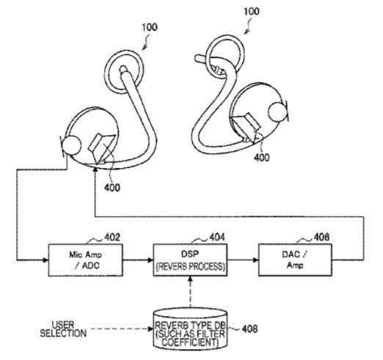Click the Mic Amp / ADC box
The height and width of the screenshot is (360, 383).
pos(86,260)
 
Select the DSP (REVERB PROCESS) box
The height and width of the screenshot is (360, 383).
pos(190,260)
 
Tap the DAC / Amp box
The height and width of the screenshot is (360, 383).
pos(295,260)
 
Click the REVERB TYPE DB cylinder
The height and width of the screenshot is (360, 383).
pos(190,330)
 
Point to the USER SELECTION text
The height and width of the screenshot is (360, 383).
pos(63,329)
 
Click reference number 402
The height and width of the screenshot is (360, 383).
pos(112,238)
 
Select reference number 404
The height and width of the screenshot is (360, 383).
pos(217,238)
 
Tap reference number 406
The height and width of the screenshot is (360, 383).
pos(321,237)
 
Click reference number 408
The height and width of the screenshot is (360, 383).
pos(249,329)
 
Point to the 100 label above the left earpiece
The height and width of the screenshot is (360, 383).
pos(150,27)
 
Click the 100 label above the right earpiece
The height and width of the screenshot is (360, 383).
pos(252,12)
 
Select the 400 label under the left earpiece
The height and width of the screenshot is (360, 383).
pos(112,188)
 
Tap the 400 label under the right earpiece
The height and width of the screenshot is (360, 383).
pos(261,158)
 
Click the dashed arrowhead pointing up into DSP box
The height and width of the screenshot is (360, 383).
pos(190,279)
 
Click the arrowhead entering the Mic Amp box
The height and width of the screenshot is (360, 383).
pos(45,260)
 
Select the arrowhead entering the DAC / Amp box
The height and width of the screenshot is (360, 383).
pos(255,260)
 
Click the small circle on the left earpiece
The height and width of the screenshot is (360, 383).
pos(71,146)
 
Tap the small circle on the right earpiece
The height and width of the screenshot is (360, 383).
pos(277,111)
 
